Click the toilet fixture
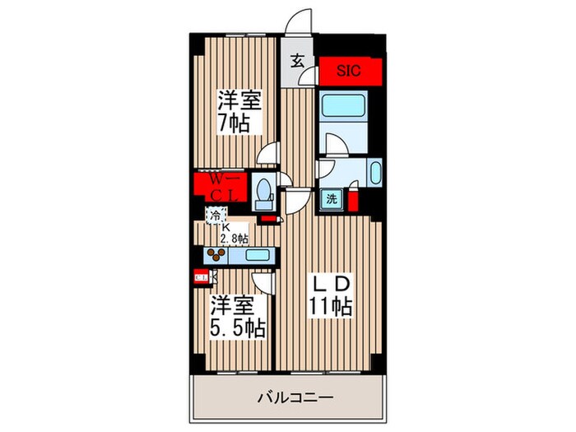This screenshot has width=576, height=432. coord(263,193)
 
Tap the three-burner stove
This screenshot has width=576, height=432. coord(217,255)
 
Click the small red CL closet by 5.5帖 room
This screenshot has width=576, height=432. coord(201,278)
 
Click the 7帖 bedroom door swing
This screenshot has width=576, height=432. coord(268,154)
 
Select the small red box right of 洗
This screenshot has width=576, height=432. coord(353,200)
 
